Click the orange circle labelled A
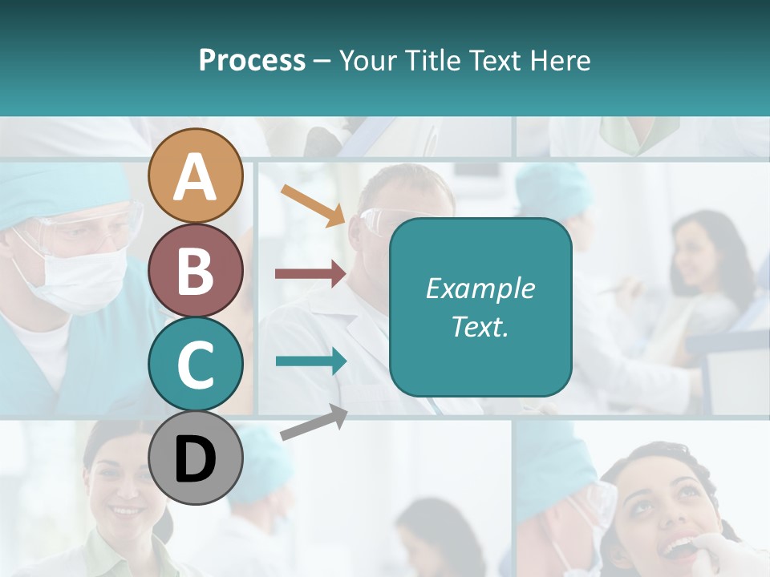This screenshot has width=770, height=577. point(195,176)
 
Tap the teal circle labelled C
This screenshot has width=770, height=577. point(195,364)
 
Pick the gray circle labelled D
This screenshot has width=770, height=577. point(195,458)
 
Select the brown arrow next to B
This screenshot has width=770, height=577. point(310,274)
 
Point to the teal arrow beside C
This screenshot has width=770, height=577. point(310,361)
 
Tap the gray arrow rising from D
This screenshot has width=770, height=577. point(314,422)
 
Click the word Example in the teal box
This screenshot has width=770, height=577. point(480,288)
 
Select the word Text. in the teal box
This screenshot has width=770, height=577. point(480,326)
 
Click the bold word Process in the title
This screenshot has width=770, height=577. point(252,60)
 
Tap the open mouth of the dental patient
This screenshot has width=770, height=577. point(678,548)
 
